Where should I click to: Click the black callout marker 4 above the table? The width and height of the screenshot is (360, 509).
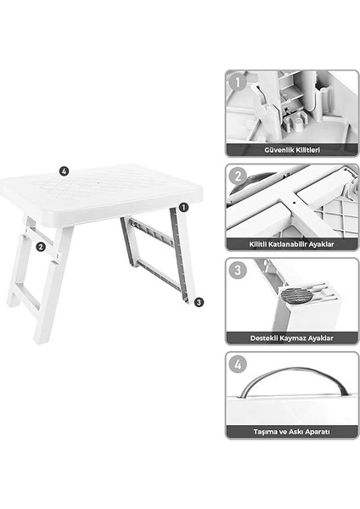click(64, 170)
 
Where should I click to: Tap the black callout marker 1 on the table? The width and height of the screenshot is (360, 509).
click(183, 206)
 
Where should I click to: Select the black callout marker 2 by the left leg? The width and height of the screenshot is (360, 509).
click(40, 248)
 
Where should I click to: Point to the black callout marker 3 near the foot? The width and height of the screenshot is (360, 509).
click(198, 301)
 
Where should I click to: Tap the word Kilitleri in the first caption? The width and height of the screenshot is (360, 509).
click(307, 149)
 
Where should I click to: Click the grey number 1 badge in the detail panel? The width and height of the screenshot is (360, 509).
click(238, 83)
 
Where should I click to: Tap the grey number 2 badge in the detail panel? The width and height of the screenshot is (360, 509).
click(238, 177)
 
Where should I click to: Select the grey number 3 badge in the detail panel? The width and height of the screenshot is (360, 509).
click(238, 271)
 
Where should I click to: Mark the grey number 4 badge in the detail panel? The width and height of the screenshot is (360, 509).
click(238, 366)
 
